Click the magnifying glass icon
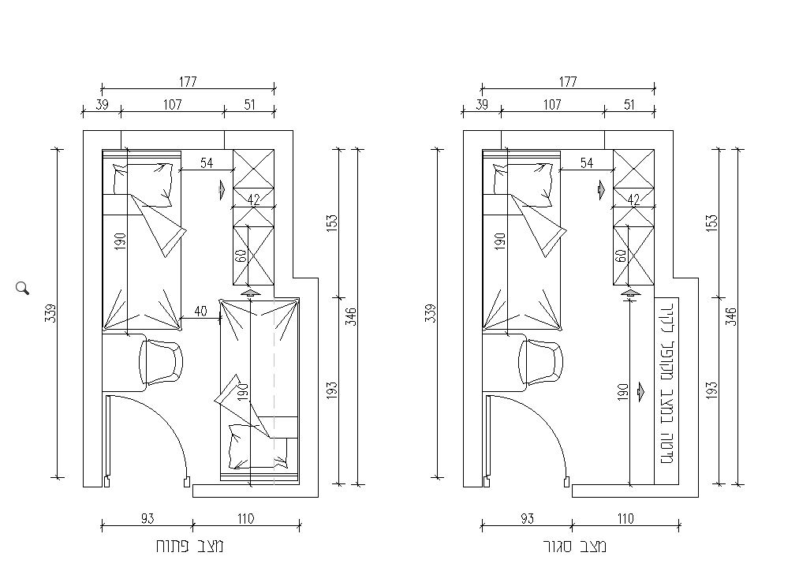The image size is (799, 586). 22,288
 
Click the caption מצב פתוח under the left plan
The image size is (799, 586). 189,547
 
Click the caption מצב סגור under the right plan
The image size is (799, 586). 574,547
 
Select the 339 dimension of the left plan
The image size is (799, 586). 50,313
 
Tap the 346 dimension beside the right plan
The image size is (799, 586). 730,316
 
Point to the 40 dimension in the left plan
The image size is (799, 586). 201,312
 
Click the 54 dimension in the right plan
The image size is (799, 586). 587,163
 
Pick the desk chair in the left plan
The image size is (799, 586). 161,362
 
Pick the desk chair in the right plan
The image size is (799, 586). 541,362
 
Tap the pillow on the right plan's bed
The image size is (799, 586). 523,185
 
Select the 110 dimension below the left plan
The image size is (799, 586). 245,519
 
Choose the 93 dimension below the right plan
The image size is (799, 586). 528,519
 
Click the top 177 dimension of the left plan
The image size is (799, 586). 188,81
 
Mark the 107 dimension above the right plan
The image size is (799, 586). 552,104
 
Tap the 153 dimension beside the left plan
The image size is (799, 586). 332,223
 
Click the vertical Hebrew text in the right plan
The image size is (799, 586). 667,384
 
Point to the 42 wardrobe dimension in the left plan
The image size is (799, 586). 253,200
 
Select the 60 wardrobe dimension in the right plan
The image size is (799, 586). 621,256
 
